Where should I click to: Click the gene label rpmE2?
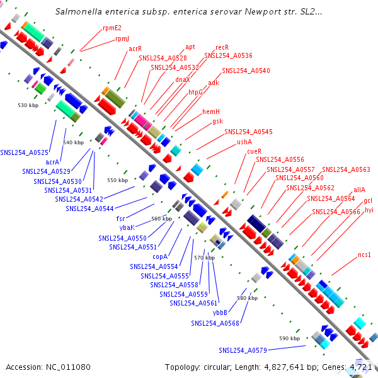point(112,28)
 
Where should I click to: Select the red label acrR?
point(135,49)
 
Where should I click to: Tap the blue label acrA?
point(52,161)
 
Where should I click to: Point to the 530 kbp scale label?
point(28,105)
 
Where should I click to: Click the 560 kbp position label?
point(162,219)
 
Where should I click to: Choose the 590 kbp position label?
point(289,338)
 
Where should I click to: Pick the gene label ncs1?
point(365,255)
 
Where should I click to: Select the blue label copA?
point(160,256)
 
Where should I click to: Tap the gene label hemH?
point(211,112)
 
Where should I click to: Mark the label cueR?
point(254,151)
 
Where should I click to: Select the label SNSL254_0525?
point(24,152)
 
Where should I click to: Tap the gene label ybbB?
point(219,312)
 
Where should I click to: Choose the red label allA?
point(359,189)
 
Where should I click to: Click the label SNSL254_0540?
point(246,71)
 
